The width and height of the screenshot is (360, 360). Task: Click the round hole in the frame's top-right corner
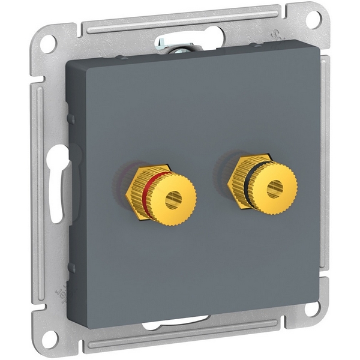[313, 19]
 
